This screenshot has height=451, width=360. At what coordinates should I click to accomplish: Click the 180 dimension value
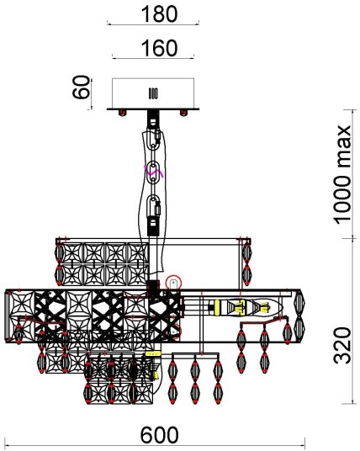159,14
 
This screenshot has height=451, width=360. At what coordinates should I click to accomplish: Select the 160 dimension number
159,48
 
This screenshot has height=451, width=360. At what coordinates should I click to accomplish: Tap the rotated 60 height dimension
81,87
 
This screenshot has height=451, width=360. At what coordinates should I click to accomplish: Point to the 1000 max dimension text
342,175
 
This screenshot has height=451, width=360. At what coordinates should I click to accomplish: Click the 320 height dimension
342,346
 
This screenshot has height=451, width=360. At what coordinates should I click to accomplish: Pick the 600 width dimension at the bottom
159,435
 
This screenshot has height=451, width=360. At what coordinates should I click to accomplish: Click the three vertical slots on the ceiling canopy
153,93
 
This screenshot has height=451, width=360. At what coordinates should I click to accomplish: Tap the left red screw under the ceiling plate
123,113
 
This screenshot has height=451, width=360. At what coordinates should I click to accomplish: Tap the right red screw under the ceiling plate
183,113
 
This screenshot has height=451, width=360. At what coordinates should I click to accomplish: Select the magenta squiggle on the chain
155,172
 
